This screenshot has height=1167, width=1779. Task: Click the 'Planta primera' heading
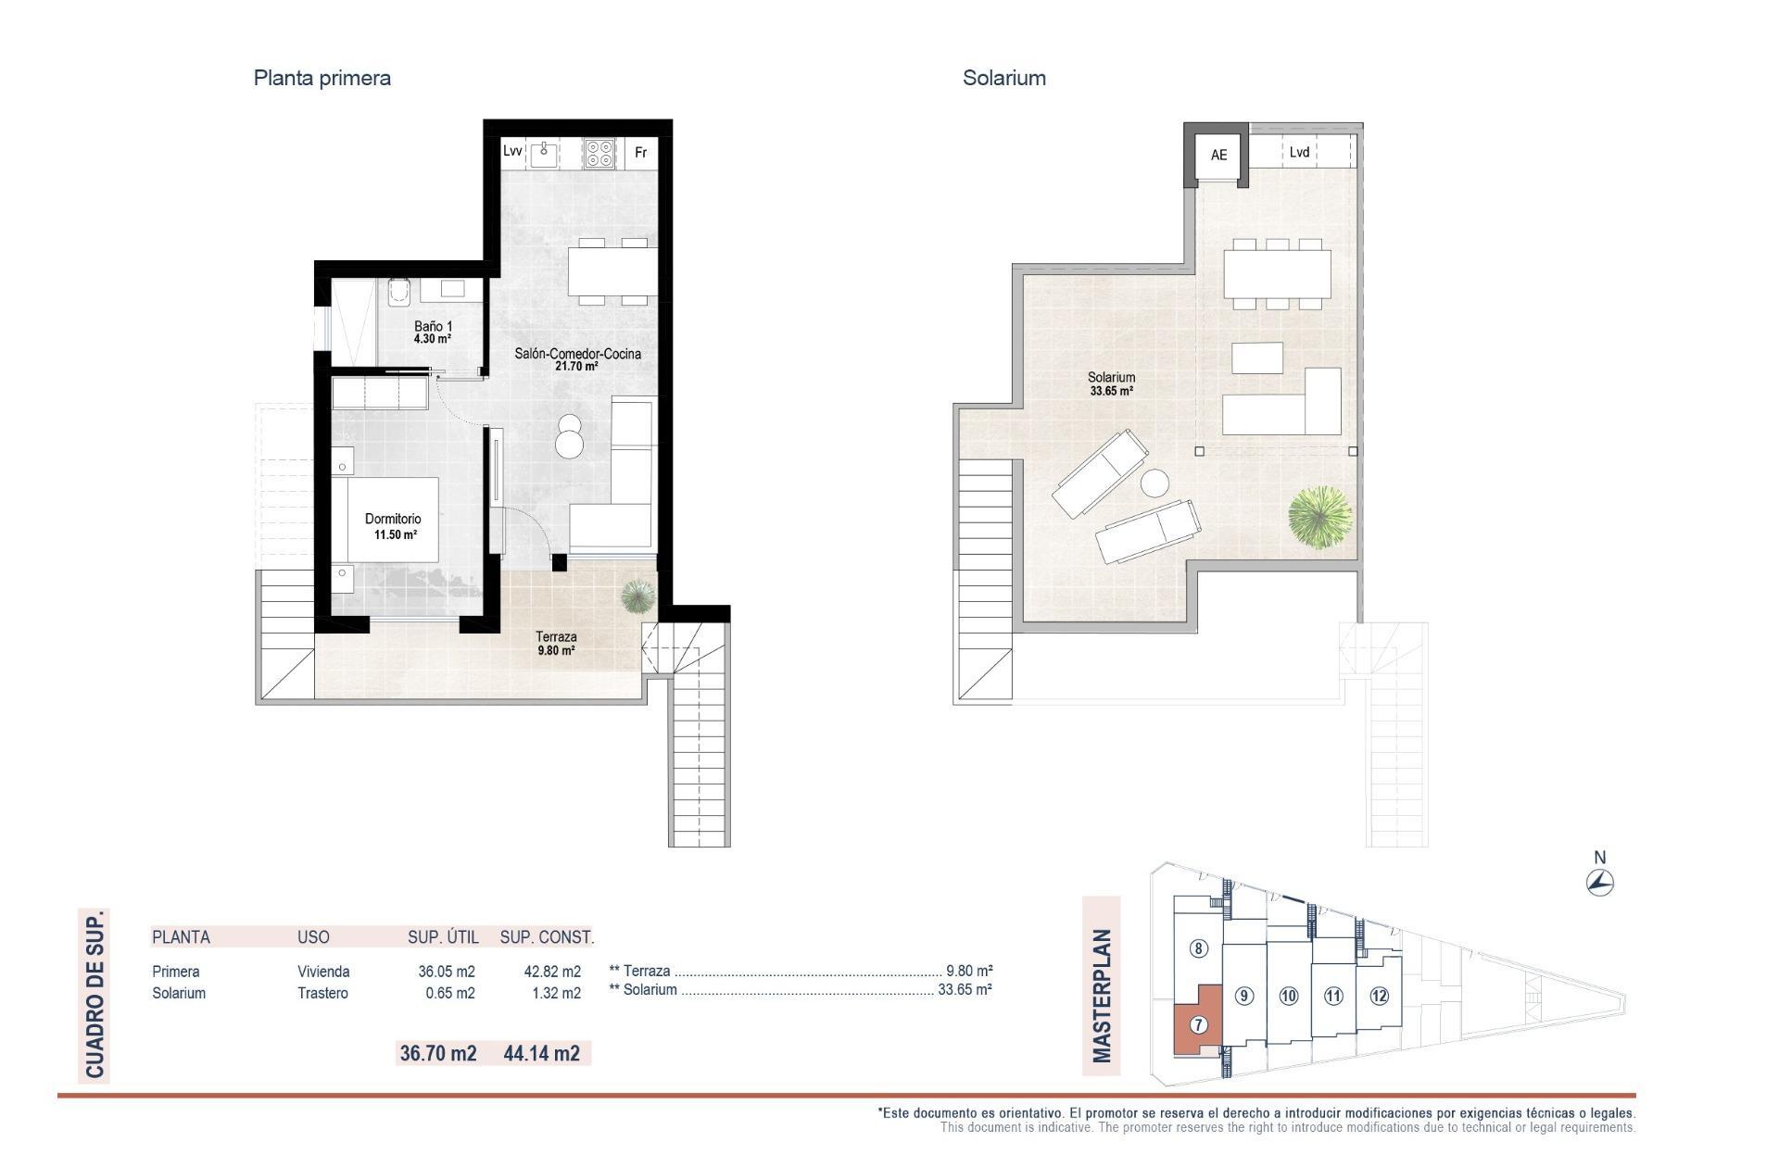[322, 78]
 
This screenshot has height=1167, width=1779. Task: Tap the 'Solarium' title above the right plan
[1003, 78]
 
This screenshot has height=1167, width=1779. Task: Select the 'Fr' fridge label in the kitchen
[640, 153]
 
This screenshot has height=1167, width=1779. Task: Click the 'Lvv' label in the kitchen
[512, 151]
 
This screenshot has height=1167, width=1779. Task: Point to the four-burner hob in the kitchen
[599, 153]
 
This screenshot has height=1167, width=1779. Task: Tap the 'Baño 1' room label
[433, 327]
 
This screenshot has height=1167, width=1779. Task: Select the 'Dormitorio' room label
[393, 520]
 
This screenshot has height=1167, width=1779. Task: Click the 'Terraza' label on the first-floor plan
[556, 637]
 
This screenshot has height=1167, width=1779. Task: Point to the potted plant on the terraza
[637, 596]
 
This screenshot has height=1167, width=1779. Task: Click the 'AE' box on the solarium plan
[1218, 155]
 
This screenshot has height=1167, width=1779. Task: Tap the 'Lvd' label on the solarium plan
[1299, 152]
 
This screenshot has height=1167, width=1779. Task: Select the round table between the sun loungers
[1155, 483]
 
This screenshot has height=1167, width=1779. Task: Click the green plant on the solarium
[1319, 515]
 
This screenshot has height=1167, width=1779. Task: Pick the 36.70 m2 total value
[437, 1053]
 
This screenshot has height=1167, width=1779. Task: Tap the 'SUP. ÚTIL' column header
[443, 937]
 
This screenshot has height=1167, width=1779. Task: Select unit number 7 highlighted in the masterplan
[1198, 1025]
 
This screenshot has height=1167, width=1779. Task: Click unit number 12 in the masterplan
[1379, 997]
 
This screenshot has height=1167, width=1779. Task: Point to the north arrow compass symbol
[1600, 883]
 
